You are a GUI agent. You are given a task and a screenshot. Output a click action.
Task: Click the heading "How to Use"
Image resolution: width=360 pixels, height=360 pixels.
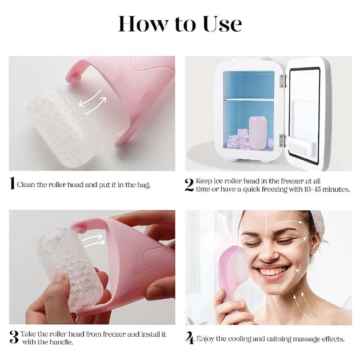[180, 24]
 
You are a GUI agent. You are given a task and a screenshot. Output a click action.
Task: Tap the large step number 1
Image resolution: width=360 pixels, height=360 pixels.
[12, 184]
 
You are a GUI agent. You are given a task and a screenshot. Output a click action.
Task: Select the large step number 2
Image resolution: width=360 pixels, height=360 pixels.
[189, 185]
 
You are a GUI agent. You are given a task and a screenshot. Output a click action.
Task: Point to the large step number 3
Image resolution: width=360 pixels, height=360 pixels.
[13, 337]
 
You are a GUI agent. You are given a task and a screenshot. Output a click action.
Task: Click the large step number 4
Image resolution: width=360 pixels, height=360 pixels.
[190, 338]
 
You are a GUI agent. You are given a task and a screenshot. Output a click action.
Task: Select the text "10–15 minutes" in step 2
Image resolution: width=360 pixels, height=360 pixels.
[326, 189]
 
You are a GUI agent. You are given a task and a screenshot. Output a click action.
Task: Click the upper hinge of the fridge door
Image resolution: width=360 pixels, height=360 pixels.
[283, 81]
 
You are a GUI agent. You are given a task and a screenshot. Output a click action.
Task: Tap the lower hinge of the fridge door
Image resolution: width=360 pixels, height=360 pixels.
[282, 140]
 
